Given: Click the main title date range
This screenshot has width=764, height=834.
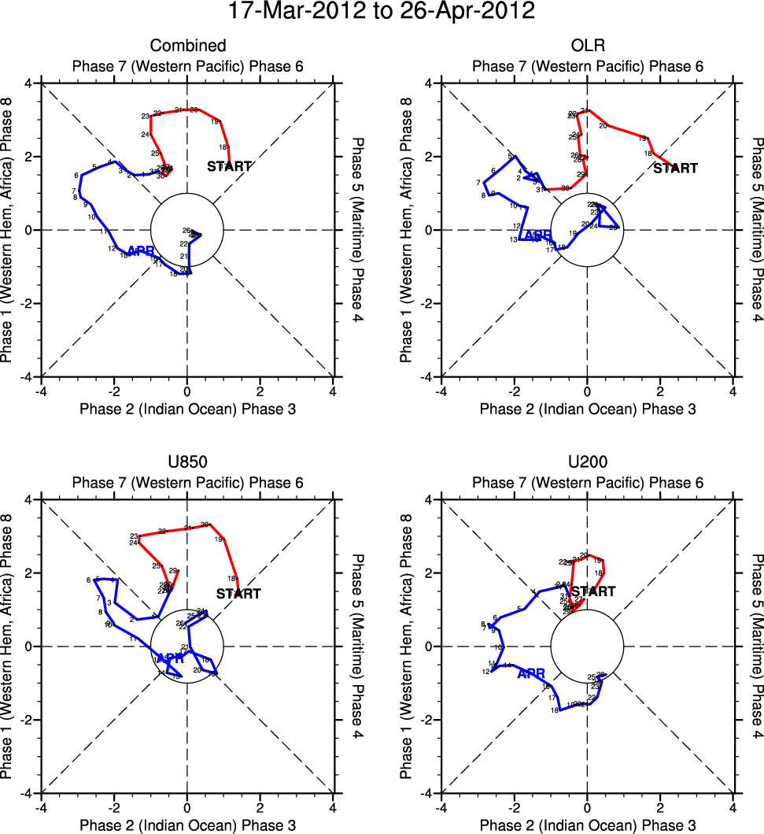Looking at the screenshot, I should pos(382,12).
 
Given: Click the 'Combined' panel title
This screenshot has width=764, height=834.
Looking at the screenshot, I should pos(187,46).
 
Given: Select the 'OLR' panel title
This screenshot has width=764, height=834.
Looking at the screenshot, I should pos(587,46).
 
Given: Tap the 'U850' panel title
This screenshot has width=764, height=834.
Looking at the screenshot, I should pos(187,462).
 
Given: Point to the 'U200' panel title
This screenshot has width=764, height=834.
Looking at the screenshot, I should pos(587,462).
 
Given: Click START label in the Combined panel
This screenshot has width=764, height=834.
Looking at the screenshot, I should pos(229,166).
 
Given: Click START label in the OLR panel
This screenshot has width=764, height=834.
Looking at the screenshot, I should pos(676,168).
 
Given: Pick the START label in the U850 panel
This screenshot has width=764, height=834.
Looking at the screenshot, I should pos(238,594).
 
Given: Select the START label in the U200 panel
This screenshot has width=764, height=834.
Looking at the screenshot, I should pos(593,591).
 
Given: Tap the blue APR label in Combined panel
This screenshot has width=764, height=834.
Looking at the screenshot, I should pos(140,250).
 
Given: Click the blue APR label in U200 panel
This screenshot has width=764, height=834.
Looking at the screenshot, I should pos(531,674).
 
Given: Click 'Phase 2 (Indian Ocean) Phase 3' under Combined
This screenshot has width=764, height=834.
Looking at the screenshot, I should pos(187,409).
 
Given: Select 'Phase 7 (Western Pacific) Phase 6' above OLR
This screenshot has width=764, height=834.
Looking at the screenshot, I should pos(587,66).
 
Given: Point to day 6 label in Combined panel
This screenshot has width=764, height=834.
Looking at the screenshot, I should pos(76,176).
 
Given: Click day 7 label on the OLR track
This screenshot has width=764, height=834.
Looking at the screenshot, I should pos(478,183).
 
